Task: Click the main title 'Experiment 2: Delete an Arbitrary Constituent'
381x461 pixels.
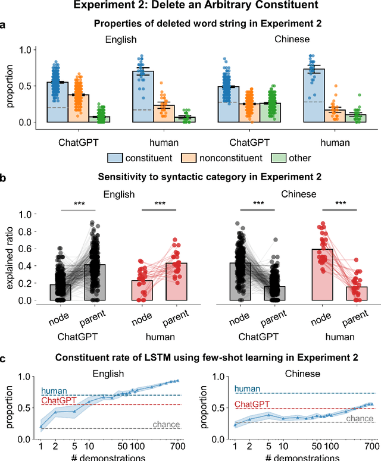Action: click(x=190, y=7)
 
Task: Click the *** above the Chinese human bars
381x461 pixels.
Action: click(x=335, y=204)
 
